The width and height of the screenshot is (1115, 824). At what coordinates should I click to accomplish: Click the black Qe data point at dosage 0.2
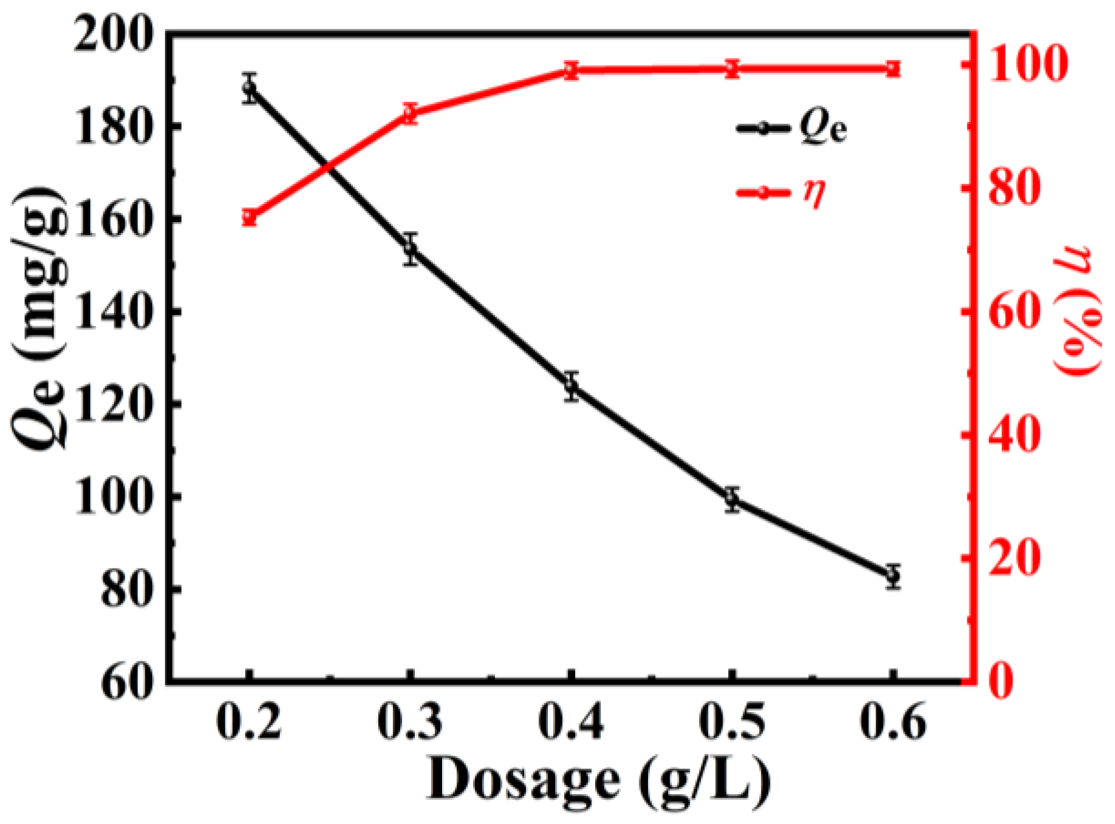pos(249,87)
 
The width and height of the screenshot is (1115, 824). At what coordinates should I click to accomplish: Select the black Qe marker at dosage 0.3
pos(411,248)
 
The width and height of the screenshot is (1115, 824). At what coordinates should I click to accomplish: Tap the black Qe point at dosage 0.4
pos(571,385)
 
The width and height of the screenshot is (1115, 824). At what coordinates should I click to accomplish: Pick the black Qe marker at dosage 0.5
pos(732,499)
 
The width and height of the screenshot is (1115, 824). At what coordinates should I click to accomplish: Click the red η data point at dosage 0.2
pos(249,217)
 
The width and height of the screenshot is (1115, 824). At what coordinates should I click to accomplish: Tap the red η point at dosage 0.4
pos(571,70)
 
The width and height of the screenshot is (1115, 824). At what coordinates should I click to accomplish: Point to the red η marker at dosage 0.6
pos(893,68)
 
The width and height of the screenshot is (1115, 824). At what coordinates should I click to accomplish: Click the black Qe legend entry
pos(789,128)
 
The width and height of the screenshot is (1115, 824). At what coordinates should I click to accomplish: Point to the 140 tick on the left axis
pos(112,314)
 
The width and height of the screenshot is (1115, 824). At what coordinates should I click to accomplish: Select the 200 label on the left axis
pos(112,38)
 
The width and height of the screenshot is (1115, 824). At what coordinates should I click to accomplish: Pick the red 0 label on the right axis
pos(1001,681)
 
